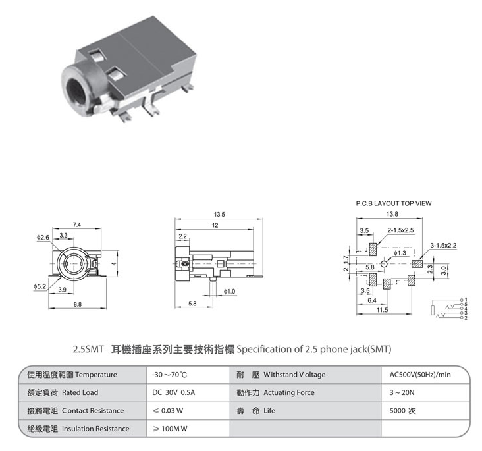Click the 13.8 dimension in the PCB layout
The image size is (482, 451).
point(392,214)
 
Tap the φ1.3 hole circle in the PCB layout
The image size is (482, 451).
point(384,264)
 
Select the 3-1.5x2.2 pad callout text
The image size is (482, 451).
point(443,246)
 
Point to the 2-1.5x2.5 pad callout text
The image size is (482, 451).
point(400,230)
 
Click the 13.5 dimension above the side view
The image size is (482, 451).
point(219,214)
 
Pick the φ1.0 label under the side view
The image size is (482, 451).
point(229,291)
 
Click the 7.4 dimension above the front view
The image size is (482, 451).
point(77,225)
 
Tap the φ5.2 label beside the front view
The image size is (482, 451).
point(40,286)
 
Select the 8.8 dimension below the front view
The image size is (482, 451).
point(78,304)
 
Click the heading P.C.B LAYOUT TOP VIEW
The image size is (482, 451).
point(394,203)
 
